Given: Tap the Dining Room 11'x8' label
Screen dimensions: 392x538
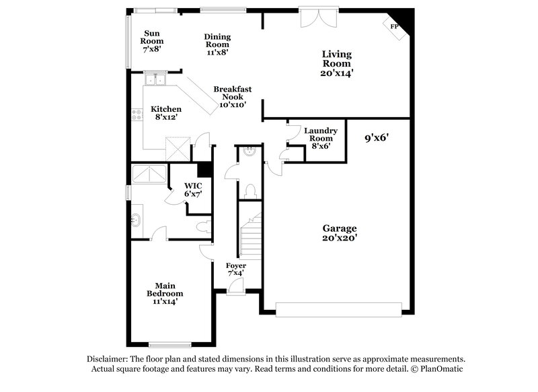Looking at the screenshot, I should [217, 44].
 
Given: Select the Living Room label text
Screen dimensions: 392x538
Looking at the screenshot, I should [337, 63].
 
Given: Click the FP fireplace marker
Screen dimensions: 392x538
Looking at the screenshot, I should [394, 26].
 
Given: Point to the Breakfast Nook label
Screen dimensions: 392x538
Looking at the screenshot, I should [233, 96].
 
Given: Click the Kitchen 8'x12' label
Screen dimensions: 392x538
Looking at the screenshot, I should [165, 113].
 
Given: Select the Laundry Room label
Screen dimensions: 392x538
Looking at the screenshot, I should [320, 138].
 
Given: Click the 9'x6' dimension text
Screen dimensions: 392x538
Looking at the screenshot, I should [377, 139].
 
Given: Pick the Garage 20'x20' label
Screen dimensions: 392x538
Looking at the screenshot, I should [339, 232].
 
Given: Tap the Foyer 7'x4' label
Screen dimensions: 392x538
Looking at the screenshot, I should [236, 269].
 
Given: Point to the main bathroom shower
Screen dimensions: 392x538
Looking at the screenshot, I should [149, 174].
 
